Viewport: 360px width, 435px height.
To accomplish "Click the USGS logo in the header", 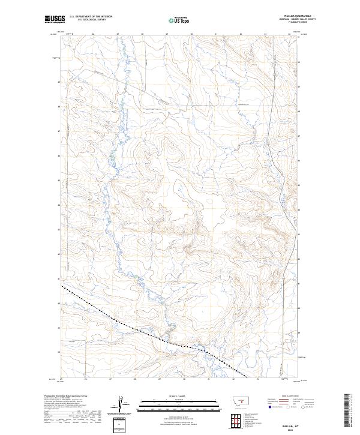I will (53, 20).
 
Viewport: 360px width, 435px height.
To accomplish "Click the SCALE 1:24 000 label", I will (179, 396).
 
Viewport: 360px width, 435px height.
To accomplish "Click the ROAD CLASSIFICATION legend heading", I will (288, 397).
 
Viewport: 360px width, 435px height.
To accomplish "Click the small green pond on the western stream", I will (112, 160).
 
